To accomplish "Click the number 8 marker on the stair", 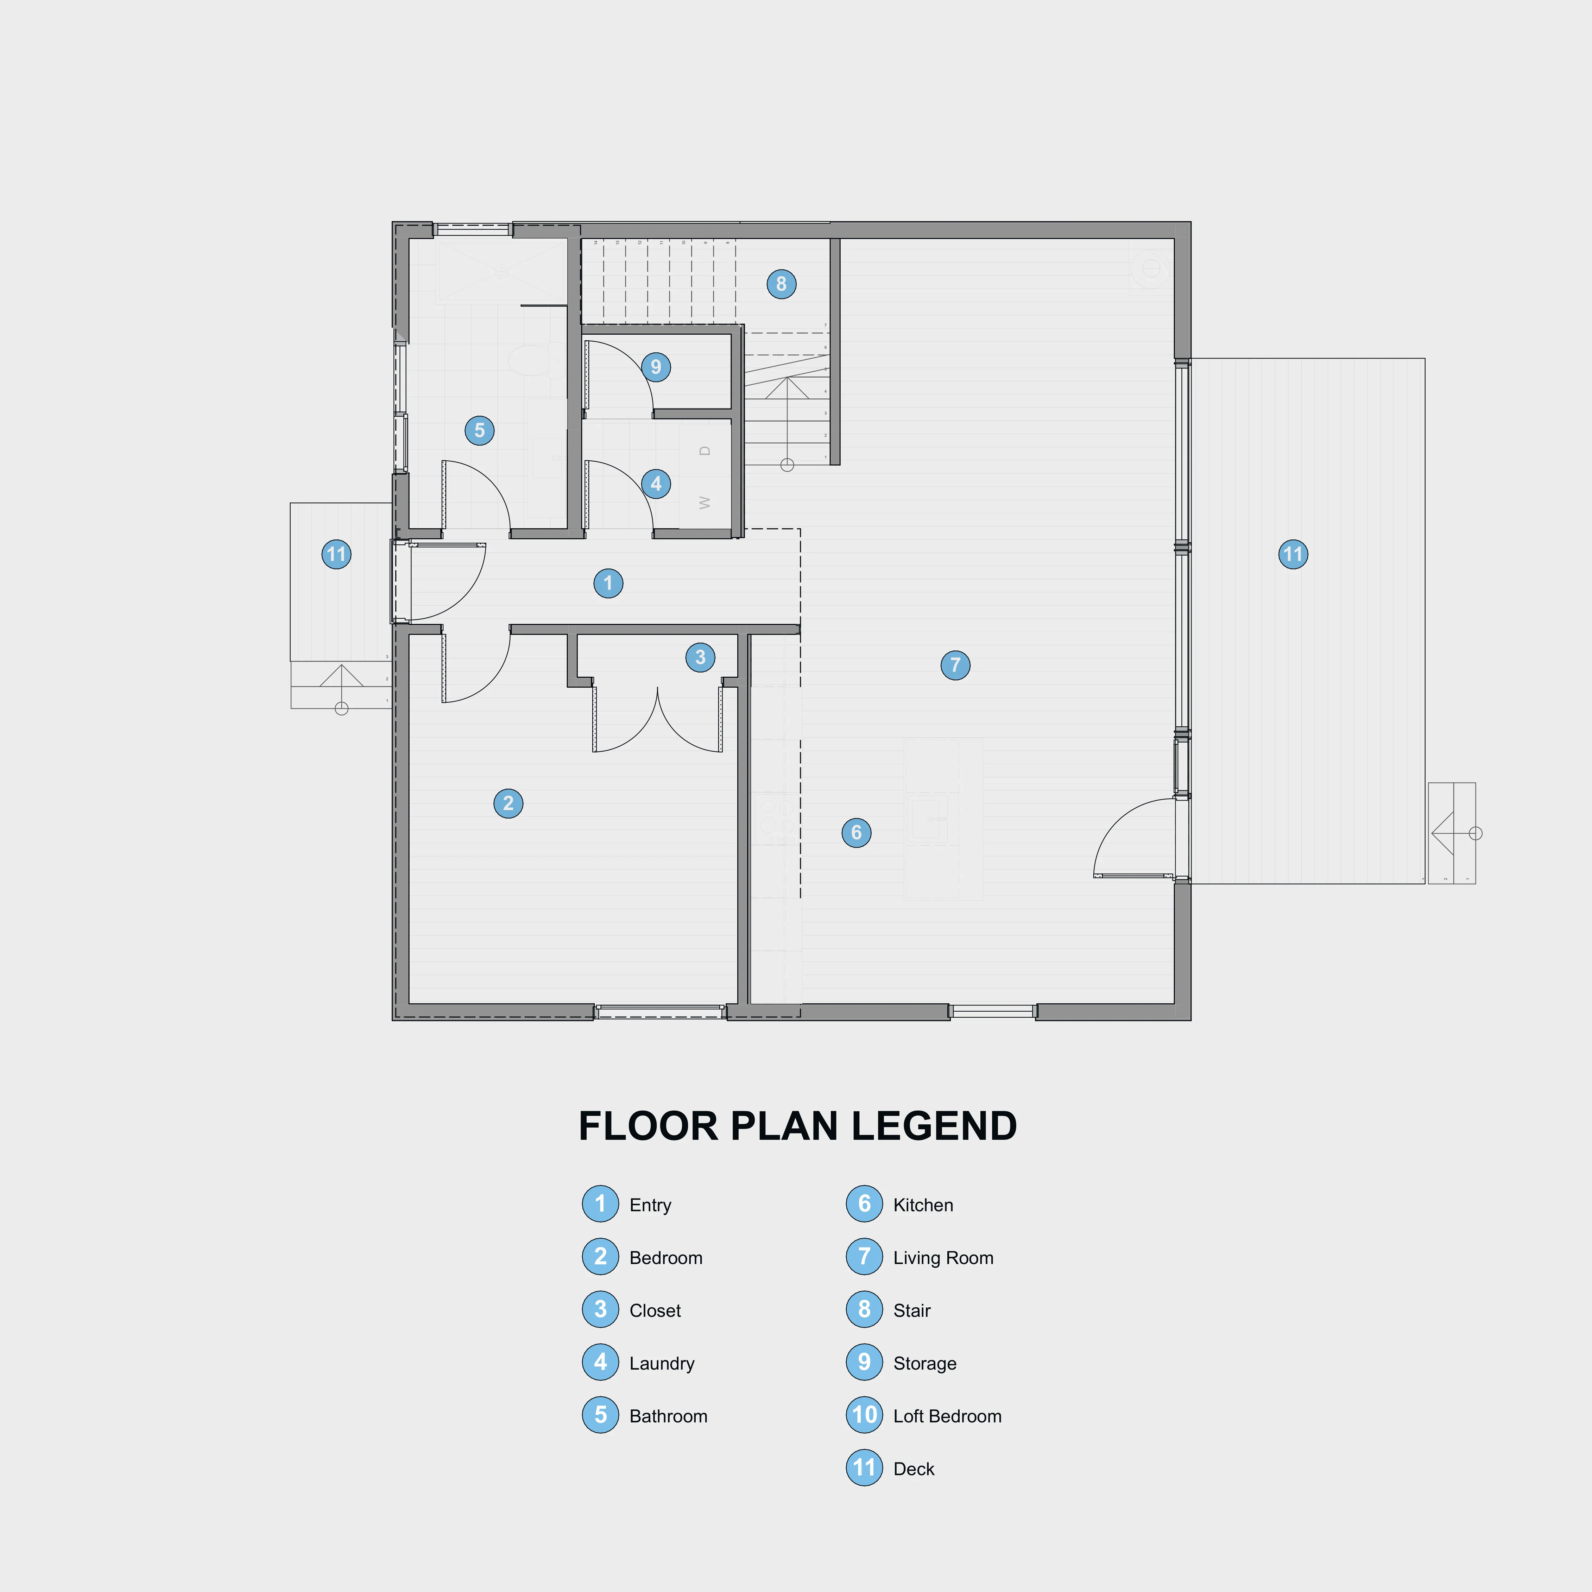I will tap(781, 284).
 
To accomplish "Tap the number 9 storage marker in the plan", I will tap(656, 367).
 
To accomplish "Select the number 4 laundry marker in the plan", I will tap(656, 484).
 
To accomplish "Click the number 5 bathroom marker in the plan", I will tap(480, 430).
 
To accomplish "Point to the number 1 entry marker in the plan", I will tap(608, 583).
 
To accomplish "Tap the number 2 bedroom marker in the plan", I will tap(508, 803).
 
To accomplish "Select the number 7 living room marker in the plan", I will tap(955, 665).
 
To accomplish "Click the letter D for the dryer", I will tap(705, 451).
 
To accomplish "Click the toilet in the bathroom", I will tap(531, 360).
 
